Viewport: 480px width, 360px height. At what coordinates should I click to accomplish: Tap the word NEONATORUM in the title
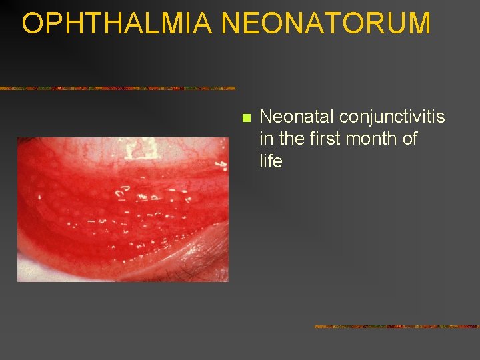tap(326, 23)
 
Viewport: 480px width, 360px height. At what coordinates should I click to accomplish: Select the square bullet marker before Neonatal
tap(245, 119)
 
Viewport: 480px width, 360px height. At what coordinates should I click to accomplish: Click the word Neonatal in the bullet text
tap(297, 117)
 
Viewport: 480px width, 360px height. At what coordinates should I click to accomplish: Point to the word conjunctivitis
tap(392, 117)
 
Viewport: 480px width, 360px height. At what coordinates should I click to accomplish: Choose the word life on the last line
tap(271, 161)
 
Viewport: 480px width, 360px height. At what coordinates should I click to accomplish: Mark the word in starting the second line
tap(266, 139)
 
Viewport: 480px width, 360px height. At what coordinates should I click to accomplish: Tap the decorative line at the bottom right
tap(397, 327)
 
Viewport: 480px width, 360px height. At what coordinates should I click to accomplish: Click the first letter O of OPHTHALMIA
tap(33, 23)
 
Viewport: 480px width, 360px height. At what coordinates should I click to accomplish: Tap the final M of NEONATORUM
tap(419, 23)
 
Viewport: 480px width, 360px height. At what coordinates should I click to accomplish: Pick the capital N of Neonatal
tap(266, 117)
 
